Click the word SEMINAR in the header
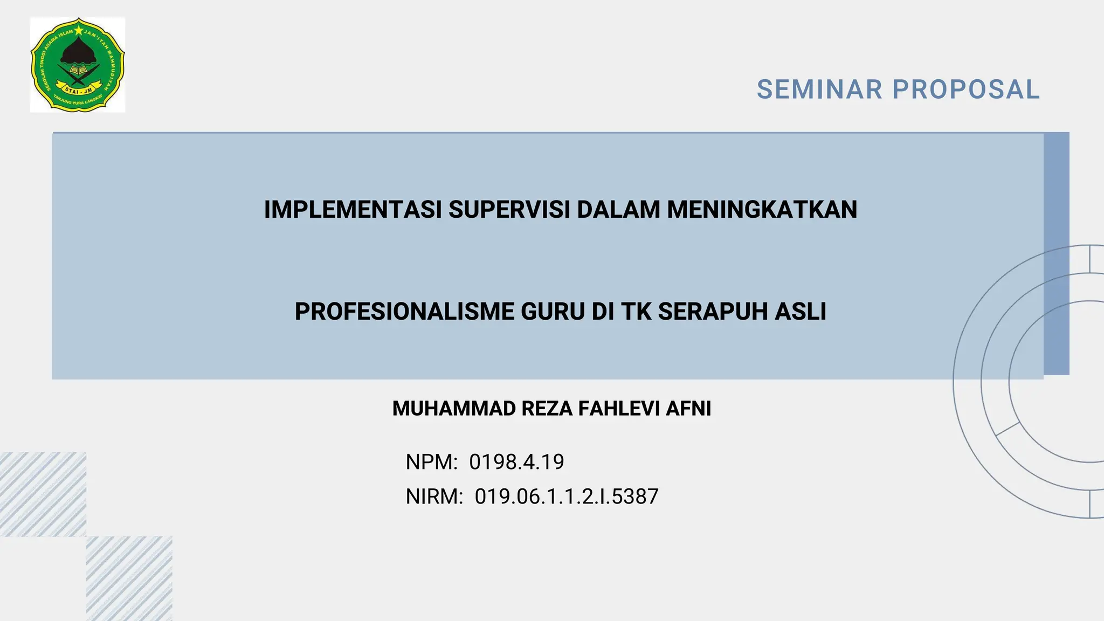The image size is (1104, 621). click(819, 89)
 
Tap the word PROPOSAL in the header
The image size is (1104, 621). click(966, 89)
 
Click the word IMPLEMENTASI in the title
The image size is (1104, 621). click(353, 210)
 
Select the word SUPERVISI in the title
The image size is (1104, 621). click(509, 210)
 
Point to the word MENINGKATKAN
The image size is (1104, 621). click(762, 210)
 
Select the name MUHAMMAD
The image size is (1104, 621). click(454, 409)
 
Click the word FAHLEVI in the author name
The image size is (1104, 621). click(619, 409)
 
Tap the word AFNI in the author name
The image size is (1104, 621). click(688, 409)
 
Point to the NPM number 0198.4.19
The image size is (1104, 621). click(516, 462)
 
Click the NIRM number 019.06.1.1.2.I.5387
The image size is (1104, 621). click(567, 496)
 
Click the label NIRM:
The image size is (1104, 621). click(434, 496)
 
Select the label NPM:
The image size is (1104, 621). click(431, 462)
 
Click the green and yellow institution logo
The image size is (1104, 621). click(78, 65)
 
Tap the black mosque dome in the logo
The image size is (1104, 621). click(79, 52)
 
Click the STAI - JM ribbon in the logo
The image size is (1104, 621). click(79, 89)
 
